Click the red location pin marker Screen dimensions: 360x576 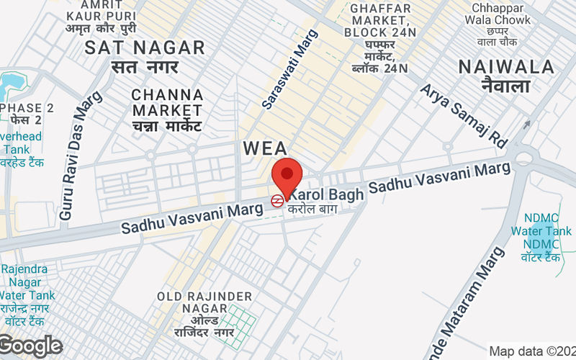pyautogui.click(x=287, y=175)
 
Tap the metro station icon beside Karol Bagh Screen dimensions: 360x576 pyautogui.click(x=277, y=202)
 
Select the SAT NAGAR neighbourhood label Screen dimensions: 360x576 pyautogui.click(x=145, y=48)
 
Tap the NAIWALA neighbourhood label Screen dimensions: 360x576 pyautogui.click(x=506, y=68)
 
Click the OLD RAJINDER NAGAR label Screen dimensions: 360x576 pyautogui.click(x=205, y=297)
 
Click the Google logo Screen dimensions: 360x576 pyautogui.click(x=30, y=346)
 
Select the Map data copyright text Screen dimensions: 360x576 pyautogui.click(x=531, y=351)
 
